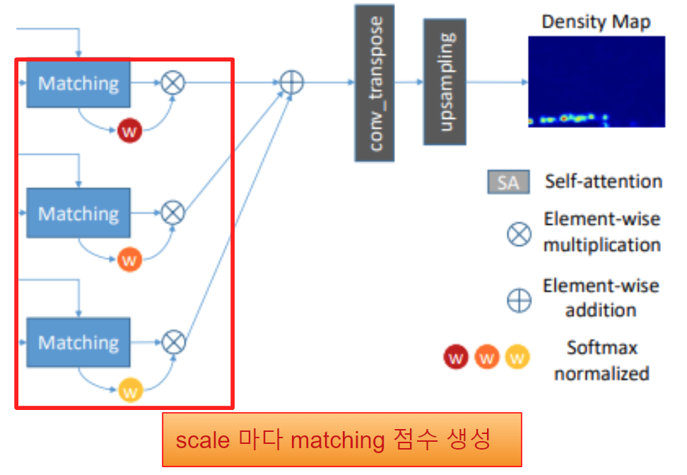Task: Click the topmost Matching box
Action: pos(78,84)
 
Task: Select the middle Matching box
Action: pos(78,213)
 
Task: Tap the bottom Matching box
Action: pos(78,342)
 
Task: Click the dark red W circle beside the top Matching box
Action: pos(129,131)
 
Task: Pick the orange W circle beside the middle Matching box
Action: pos(129,259)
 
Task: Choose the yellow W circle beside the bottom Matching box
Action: pos(131,390)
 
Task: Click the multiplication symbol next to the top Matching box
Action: pos(173,83)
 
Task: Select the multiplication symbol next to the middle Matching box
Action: pos(173,213)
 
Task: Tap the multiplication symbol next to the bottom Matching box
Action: pos(173,342)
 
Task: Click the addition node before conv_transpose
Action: pos(291,82)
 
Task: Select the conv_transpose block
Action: pos(375,83)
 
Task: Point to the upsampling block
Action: pos(445,82)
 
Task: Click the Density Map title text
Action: pos(596,22)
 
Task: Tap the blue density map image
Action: pos(597,82)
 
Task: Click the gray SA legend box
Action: pos(509,182)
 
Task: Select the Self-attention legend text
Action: pos(604,182)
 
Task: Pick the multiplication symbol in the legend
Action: pos(519,234)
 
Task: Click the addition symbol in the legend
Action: pos(519,300)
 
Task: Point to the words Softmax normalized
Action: pos(602,360)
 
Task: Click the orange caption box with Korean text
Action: pos(342,440)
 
